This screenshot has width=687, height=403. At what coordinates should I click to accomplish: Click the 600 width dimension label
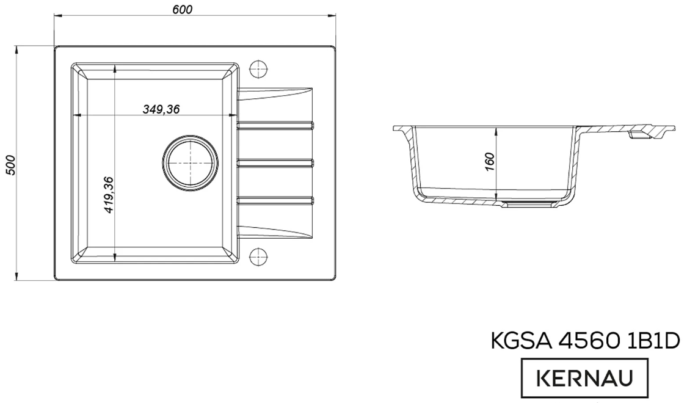(183, 9)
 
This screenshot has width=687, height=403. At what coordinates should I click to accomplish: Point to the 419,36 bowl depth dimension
(109, 195)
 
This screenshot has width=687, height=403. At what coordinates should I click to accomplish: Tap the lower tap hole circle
(260, 256)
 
